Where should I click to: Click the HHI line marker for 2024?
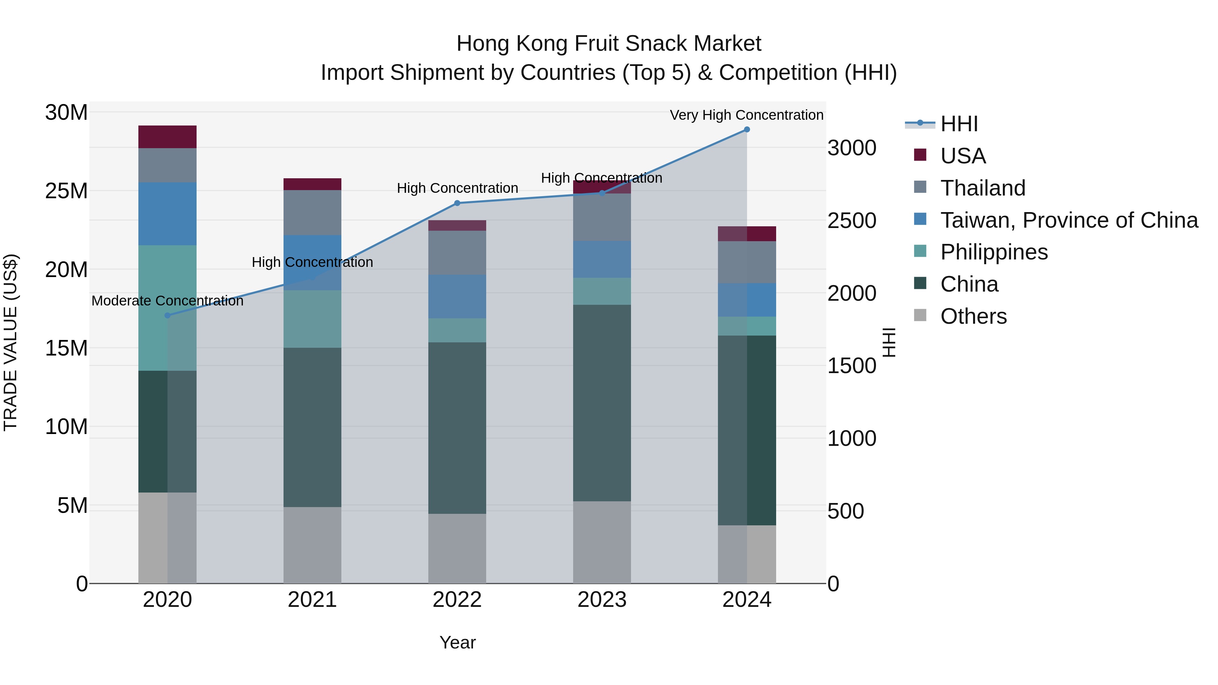click(x=747, y=130)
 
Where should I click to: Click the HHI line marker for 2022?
click(x=457, y=203)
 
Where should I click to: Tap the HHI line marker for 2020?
click(x=167, y=315)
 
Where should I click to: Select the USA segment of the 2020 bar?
click(x=167, y=137)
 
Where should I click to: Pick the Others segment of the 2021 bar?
click(x=312, y=545)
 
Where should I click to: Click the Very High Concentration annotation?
click(x=747, y=115)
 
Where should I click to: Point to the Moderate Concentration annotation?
click(x=167, y=301)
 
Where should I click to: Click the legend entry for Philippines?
click(x=994, y=252)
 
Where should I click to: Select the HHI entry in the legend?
click(x=959, y=124)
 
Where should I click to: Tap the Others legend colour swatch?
click(x=920, y=315)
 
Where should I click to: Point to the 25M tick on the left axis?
click(x=66, y=191)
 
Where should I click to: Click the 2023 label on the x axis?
click(x=602, y=600)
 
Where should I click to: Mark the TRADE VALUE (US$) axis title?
click(x=10, y=342)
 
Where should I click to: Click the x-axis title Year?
click(x=457, y=642)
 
